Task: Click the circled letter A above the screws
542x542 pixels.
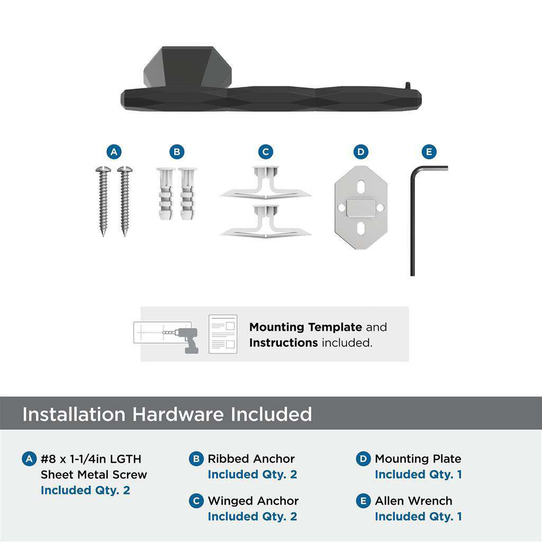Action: (113, 152)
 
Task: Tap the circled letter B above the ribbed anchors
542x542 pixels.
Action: (177, 152)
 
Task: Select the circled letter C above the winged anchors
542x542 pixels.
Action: (266, 152)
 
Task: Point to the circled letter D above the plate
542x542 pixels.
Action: (360, 152)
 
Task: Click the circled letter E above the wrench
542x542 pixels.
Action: (429, 152)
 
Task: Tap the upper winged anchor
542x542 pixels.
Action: (265, 184)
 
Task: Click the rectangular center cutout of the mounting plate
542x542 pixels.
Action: (361, 208)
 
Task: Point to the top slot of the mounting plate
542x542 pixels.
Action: (360, 188)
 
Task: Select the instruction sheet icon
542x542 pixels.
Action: (223, 334)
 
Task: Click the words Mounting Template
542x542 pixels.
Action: (305, 327)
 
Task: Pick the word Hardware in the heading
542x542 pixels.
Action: (178, 414)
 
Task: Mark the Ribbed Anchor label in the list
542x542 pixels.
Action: (251, 459)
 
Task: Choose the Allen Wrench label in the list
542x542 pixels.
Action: (413, 501)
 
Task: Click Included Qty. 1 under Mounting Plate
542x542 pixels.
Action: (418, 474)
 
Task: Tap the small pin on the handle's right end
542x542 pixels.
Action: (408, 85)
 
